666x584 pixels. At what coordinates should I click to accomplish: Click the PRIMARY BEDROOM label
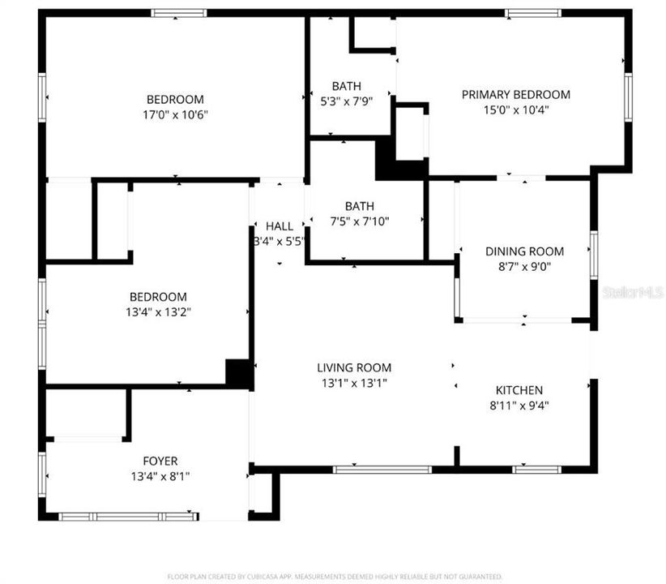coord(515,95)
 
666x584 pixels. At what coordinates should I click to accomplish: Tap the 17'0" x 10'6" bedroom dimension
coord(175,114)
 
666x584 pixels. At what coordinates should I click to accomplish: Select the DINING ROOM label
coord(524,251)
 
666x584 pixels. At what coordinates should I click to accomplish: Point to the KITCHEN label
coord(519,390)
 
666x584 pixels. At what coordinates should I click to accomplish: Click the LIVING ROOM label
coord(354,367)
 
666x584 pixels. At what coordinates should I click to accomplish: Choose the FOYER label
coord(160,461)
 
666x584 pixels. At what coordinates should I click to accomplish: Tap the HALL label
coord(280,226)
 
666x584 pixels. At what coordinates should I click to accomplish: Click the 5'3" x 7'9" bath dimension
coord(346,101)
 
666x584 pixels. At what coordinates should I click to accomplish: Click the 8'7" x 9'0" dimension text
coord(524,265)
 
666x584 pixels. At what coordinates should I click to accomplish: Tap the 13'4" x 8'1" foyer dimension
coord(160,476)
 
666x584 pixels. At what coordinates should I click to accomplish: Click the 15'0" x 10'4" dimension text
coord(515,109)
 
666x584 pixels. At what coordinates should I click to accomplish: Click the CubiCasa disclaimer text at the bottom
coord(333,576)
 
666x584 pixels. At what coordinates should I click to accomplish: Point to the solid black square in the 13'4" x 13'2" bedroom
coord(239,372)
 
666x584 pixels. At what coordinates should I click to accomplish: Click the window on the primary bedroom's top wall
coord(532,13)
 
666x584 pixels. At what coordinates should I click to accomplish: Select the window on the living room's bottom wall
coord(382,469)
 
